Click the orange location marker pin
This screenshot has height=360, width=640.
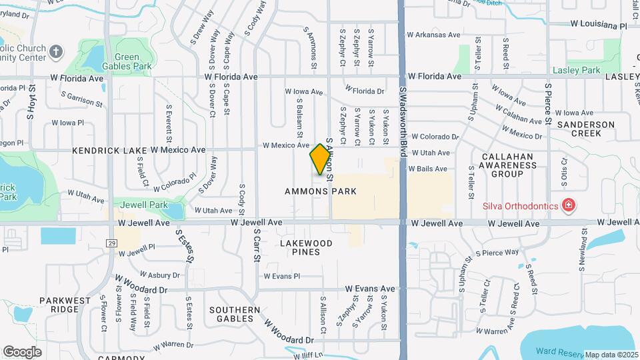point(321,159)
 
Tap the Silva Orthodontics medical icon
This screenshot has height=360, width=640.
point(568,205)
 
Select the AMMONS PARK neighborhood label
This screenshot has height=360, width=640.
point(321,191)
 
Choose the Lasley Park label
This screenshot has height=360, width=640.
point(576,70)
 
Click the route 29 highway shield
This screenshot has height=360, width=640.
point(111,243)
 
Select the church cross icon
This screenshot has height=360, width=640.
point(57,51)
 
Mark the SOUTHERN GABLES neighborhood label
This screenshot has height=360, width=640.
point(235,314)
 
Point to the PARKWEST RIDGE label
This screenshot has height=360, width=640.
point(64,305)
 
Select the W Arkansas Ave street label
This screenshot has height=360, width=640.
point(434,35)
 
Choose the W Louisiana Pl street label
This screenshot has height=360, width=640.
point(599,25)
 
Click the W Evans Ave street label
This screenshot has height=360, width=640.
point(370,289)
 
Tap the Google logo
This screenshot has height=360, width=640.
point(22,351)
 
